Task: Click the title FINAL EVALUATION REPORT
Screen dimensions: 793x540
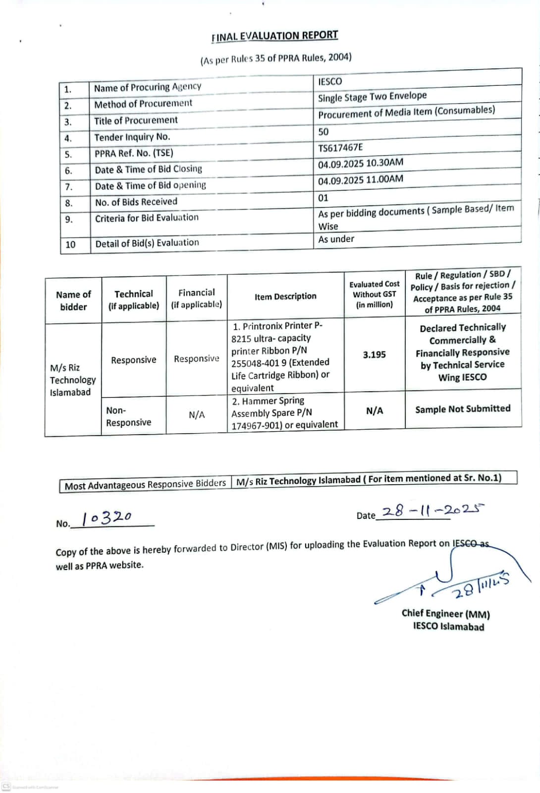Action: [x=274, y=36]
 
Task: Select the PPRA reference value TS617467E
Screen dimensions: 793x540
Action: [x=340, y=148]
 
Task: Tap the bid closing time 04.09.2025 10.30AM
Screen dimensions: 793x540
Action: [x=361, y=163]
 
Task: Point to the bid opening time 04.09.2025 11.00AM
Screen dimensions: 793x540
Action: [x=361, y=179]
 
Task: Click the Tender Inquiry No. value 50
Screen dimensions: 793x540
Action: [x=323, y=132]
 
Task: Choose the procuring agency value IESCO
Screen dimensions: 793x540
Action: [x=330, y=81]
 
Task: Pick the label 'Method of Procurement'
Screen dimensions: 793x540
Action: [x=143, y=104]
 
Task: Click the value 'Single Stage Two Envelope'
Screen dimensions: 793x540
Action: [x=372, y=97]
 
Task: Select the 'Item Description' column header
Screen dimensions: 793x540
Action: [x=285, y=296]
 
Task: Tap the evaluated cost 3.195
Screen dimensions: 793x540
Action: [x=374, y=354]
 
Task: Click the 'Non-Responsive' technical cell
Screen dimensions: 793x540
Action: [x=128, y=416]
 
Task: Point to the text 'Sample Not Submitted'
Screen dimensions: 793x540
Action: [x=463, y=409]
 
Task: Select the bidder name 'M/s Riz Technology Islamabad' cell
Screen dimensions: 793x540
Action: [x=72, y=380]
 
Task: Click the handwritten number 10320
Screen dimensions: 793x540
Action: [x=107, y=518]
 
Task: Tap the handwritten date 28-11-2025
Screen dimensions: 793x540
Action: [x=432, y=510]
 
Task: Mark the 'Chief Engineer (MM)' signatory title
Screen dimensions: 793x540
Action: [x=445, y=614]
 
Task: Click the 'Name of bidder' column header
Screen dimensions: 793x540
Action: [x=73, y=300]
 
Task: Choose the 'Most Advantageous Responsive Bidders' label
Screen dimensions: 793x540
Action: [x=145, y=484]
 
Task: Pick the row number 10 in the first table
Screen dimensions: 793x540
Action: [x=70, y=244]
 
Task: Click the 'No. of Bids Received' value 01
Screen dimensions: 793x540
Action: [x=323, y=198]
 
